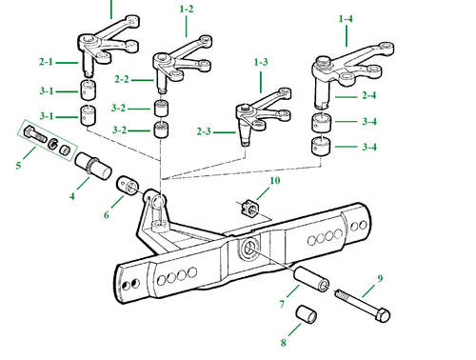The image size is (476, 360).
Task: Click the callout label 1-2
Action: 187,10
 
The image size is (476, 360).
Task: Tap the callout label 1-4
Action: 346,19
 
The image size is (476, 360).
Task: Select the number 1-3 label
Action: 261,62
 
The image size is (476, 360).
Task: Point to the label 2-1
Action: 46,62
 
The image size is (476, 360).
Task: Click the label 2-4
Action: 369,95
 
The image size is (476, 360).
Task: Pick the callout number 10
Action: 275,181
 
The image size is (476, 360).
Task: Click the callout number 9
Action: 380,279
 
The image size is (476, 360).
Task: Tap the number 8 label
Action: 283,343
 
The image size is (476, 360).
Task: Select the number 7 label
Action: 282,304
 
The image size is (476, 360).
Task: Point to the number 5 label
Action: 18,166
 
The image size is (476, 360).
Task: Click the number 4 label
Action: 72,196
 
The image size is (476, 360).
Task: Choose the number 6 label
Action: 107,215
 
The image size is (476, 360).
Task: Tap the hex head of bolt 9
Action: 383,314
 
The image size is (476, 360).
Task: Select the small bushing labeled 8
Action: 307,314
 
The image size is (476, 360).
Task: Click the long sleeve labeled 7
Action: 311,278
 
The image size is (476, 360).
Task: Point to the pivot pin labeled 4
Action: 93,166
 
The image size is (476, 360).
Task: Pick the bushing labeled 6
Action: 129,187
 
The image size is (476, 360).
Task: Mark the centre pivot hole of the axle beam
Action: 249,247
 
